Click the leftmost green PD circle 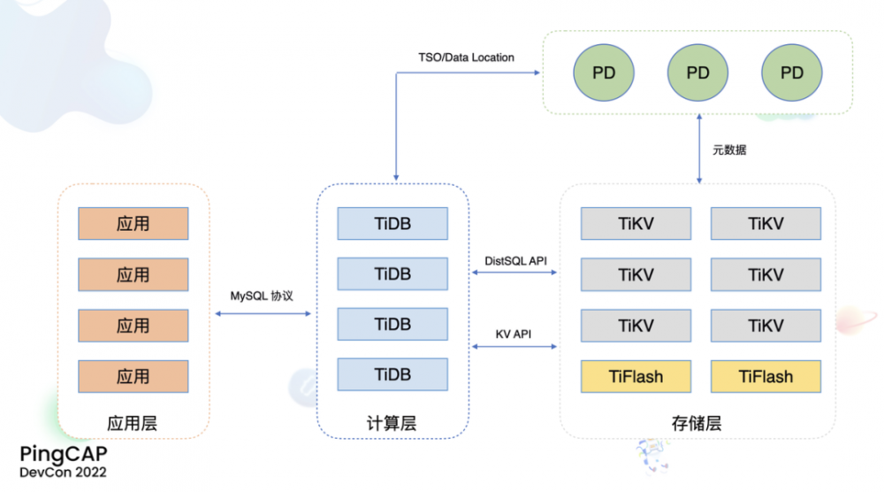coord(604,73)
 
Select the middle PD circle coord(697,73)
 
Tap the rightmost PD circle coord(792,73)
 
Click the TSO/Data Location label coord(466,58)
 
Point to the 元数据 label coord(729,150)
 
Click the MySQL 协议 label coord(263,296)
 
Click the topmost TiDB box coord(392,224)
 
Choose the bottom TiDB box coord(392,375)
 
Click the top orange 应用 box coord(133,224)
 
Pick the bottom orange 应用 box coord(133,376)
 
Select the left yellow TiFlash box coord(636,377)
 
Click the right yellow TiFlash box coord(766,377)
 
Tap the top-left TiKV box coord(636,224)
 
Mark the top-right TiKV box coord(766,224)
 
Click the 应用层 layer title coord(133,423)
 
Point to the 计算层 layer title coord(392,423)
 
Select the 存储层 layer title coord(697,423)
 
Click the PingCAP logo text coord(65,454)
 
